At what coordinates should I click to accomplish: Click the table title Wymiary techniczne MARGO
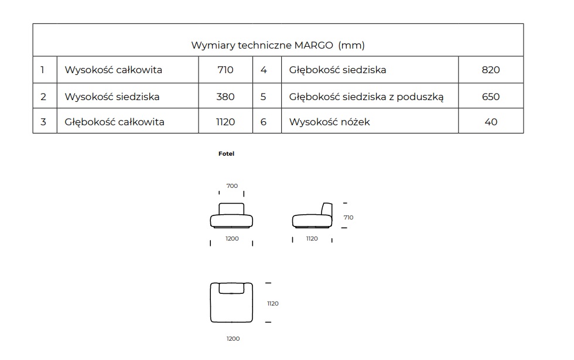click(x=262, y=46)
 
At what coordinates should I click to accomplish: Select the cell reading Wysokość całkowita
click(x=113, y=70)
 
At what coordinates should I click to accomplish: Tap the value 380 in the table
click(x=225, y=97)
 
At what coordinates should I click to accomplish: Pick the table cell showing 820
click(x=491, y=70)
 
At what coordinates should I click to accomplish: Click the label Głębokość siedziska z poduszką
click(x=366, y=97)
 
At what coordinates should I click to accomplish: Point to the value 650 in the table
click(x=491, y=97)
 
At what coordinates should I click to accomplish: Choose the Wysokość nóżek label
click(x=329, y=122)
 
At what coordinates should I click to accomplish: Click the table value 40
click(x=491, y=122)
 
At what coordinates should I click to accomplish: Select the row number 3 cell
click(x=43, y=122)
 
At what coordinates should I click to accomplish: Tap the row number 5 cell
click(x=263, y=97)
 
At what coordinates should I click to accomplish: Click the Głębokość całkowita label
click(x=114, y=122)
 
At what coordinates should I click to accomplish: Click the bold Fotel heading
click(x=226, y=153)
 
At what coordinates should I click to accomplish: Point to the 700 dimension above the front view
click(x=232, y=186)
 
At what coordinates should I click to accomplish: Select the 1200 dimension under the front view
click(x=232, y=239)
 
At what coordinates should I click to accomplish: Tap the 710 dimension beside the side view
click(x=348, y=217)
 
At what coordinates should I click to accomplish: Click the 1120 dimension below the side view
click(x=312, y=239)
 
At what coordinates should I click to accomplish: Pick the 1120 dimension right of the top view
click(x=273, y=303)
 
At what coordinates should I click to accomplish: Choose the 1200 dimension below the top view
click(x=233, y=338)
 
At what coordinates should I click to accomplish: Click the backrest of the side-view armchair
click(x=327, y=209)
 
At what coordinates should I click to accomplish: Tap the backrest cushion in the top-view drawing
click(x=231, y=288)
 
